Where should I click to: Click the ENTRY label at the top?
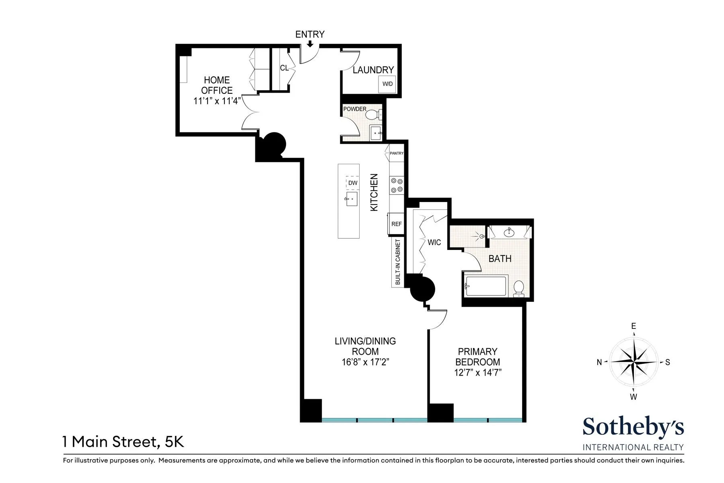[310, 35]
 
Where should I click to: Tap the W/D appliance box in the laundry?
[387, 84]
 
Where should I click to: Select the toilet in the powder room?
[373, 115]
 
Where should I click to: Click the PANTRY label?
[396, 153]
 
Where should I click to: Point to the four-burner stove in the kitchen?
[397, 186]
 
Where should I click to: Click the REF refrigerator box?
[396, 224]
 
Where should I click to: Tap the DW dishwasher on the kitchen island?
[352, 183]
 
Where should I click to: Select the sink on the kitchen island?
[352, 199]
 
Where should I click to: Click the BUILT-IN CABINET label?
[398, 262]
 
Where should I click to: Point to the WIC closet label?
[434, 242]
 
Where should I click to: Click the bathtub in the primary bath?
[486, 286]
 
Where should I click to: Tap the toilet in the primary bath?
[519, 288]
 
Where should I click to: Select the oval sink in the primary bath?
[509, 232]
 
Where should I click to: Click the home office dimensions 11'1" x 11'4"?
[216, 101]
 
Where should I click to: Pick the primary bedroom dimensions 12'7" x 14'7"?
[477, 373]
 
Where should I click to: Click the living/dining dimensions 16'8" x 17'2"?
[365, 362]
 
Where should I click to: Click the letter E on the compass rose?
[633, 326]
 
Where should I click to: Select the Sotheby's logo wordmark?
[633, 427]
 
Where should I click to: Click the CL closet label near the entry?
[284, 68]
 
